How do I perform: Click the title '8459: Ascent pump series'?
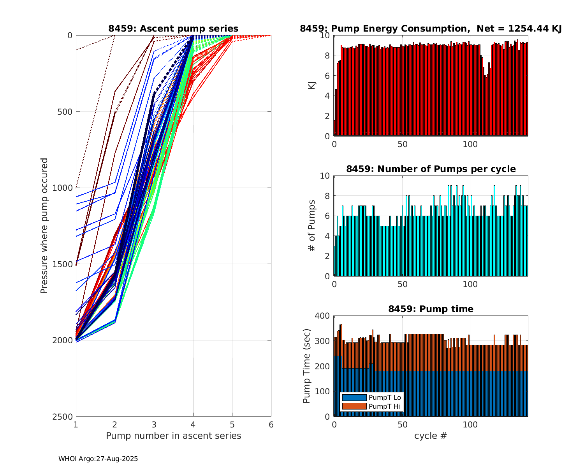(x=173, y=28)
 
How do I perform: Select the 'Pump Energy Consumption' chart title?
(x=431, y=28)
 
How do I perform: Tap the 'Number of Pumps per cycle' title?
(x=431, y=169)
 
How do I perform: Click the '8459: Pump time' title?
(x=431, y=309)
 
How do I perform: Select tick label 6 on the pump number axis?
(x=271, y=424)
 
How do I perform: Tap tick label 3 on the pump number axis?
(x=154, y=424)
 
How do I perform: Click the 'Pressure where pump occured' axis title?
(x=44, y=226)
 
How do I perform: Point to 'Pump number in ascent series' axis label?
(x=173, y=436)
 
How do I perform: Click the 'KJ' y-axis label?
(x=311, y=85)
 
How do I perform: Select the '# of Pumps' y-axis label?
(x=311, y=226)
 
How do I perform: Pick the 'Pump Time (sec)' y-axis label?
(x=306, y=366)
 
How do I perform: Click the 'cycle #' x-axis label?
(x=431, y=436)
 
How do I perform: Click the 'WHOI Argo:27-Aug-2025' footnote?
(x=98, y=459)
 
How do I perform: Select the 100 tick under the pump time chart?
(x=470, y=424)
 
